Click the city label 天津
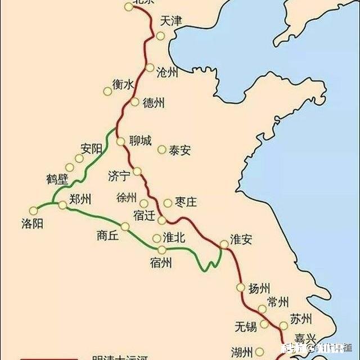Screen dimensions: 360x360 (x=171, y=21)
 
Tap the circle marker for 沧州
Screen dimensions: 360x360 (x=149, y=67)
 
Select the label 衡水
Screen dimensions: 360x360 (x=123, y=84)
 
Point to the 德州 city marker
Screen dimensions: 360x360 (x=134, y=102)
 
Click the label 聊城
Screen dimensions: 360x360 (x=140, y=141)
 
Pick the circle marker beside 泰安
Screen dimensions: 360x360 (x=162, y=150)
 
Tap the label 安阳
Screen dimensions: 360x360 (x=91, y=149)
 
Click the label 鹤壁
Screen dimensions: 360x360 (x=57, y=179)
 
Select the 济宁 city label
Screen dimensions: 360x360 (x=119, y=175)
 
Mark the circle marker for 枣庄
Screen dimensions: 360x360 (x=168, y=202)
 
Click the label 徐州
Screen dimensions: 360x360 (x=127, y=198)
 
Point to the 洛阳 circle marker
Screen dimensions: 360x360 (x=33, y=210)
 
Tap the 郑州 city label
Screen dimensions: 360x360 (x=80, y=199)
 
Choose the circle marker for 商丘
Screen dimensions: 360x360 (x=125, y=227)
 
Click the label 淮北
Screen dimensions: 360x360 (x=174, y=237)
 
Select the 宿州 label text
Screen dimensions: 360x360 (x=161, y=263)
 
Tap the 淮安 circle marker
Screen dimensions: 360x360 (x=224, y=244)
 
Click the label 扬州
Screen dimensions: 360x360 (x=259, y=289)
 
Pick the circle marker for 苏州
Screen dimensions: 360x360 (x=283, y=325)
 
